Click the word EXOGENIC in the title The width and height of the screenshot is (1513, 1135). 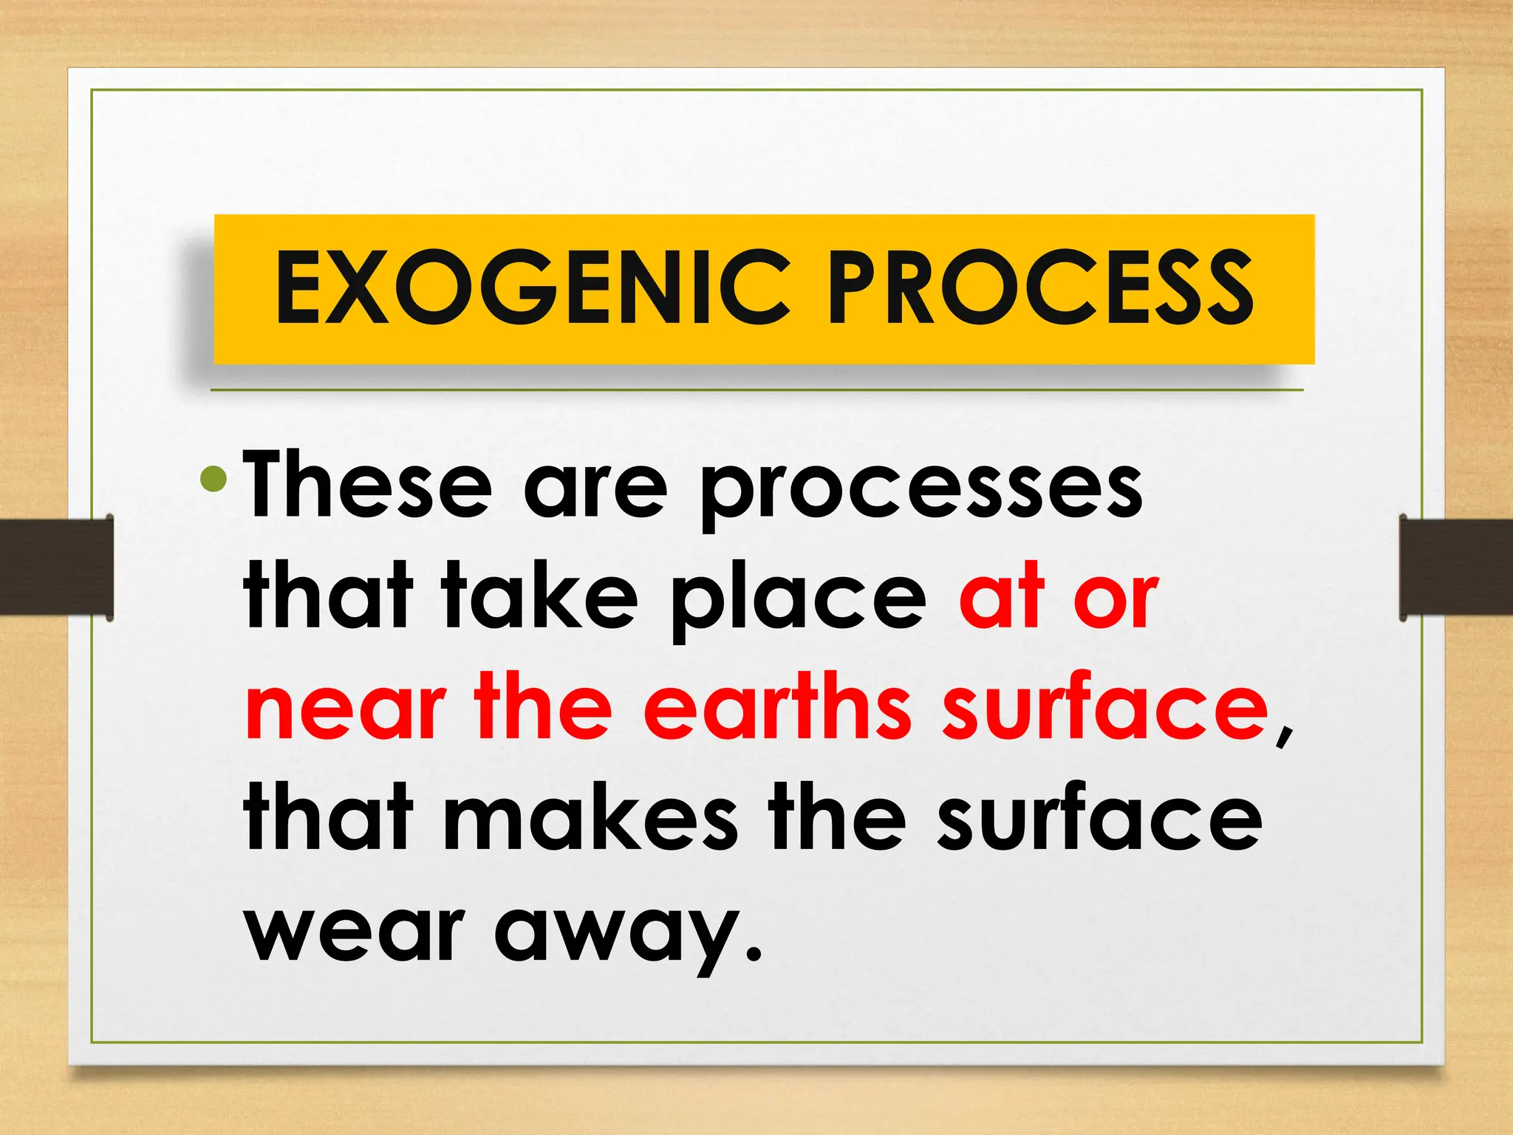(531, 287)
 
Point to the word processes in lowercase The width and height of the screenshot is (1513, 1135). (921, 491)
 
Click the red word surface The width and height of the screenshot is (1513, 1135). (1105, 706)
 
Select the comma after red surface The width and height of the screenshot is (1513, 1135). (1284, 736)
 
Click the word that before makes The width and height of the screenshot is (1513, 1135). (328, 817)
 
